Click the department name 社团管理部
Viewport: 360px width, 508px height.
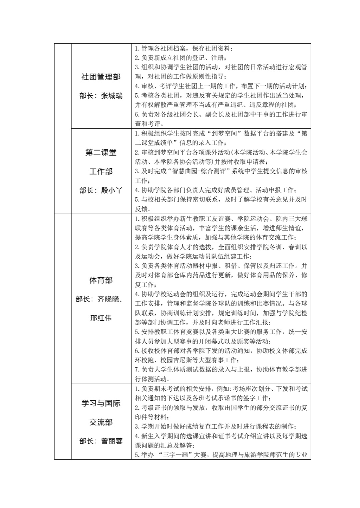coord(101,77)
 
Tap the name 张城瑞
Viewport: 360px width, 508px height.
coord(112,96)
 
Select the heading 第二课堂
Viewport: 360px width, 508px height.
coord(101,153)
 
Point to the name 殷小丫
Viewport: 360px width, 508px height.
coord(112,190)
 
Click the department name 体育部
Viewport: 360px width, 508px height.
coord(101,280)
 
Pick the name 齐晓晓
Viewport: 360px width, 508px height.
coord(108,299)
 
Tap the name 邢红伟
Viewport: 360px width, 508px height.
coord(101,318)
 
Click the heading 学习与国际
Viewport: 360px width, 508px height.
coord(101,403)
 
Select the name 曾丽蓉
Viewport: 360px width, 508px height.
coord(112,441)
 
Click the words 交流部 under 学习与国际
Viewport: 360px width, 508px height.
coord(101,422)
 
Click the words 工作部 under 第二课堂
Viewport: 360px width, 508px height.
coord(101,172)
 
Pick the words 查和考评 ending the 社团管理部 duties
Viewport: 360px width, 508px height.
coord(148,124)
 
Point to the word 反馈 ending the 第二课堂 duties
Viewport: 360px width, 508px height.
coord(141,209)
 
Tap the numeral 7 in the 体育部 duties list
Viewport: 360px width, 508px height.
coord(136,370)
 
